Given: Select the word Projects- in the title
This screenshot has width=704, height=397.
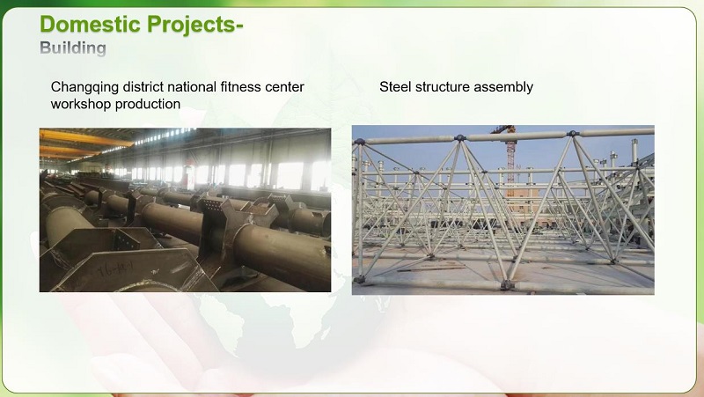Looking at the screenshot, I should point(195,24).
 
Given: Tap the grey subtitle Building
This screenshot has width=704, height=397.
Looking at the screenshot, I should point(73,47).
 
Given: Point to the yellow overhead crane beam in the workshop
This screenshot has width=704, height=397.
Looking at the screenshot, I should point(88,138).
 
